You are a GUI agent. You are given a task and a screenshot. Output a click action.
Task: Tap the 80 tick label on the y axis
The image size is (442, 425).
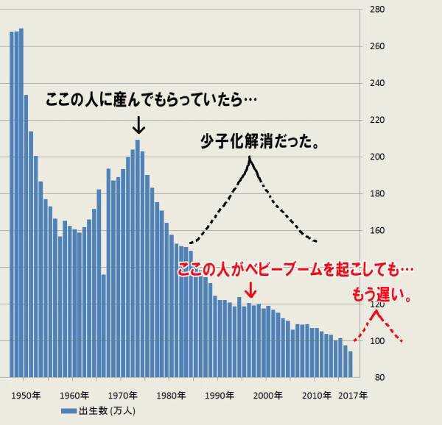[376, 377]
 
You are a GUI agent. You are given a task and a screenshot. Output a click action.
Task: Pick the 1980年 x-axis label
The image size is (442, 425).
[171, 395]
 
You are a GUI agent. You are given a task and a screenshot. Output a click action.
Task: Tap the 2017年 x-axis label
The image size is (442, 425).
[352, 395]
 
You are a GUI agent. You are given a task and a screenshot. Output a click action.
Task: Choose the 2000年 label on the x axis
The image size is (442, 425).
[268, 395]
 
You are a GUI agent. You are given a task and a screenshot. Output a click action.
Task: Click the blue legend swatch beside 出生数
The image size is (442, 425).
[69, 410]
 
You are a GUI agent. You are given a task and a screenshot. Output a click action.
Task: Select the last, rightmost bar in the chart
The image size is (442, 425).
[351, 364]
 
